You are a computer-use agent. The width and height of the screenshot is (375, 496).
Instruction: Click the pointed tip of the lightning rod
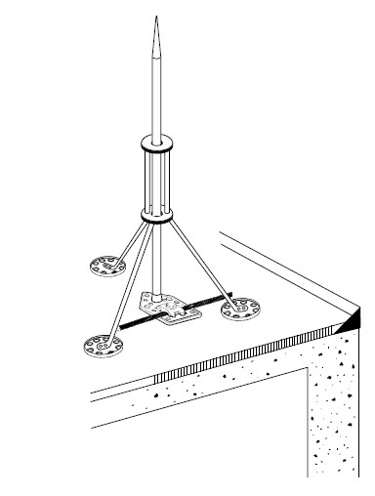(154, 21)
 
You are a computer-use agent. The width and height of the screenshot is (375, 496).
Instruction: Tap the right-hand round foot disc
(238, 310)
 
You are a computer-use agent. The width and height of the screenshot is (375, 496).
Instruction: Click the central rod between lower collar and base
(157, 254)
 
